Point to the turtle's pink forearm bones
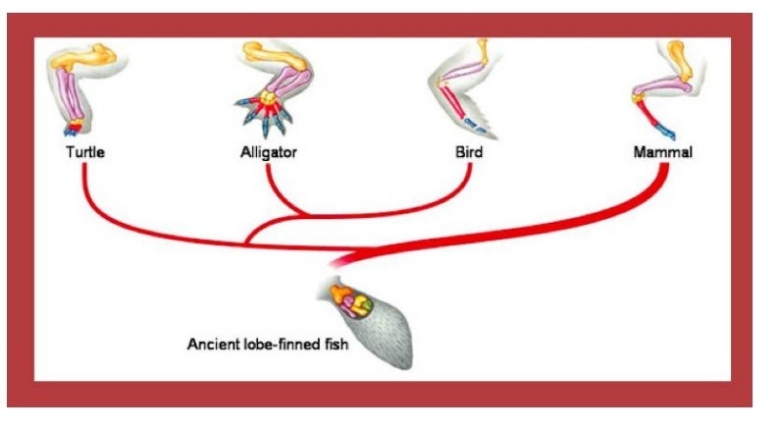click(x=71, y=93)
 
